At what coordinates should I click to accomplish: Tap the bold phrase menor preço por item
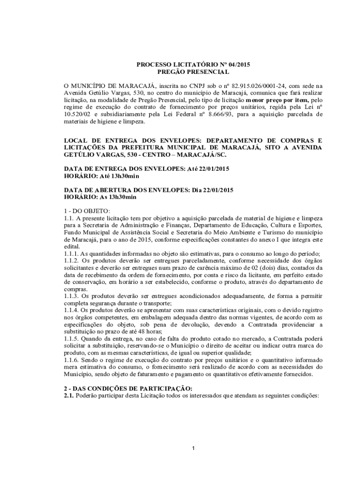[x=275, y=100]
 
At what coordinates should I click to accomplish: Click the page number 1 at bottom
[x=193, y=449]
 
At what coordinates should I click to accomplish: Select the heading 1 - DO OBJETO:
[x=86, y=211]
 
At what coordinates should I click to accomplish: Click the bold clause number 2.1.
[x=69, y=395]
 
